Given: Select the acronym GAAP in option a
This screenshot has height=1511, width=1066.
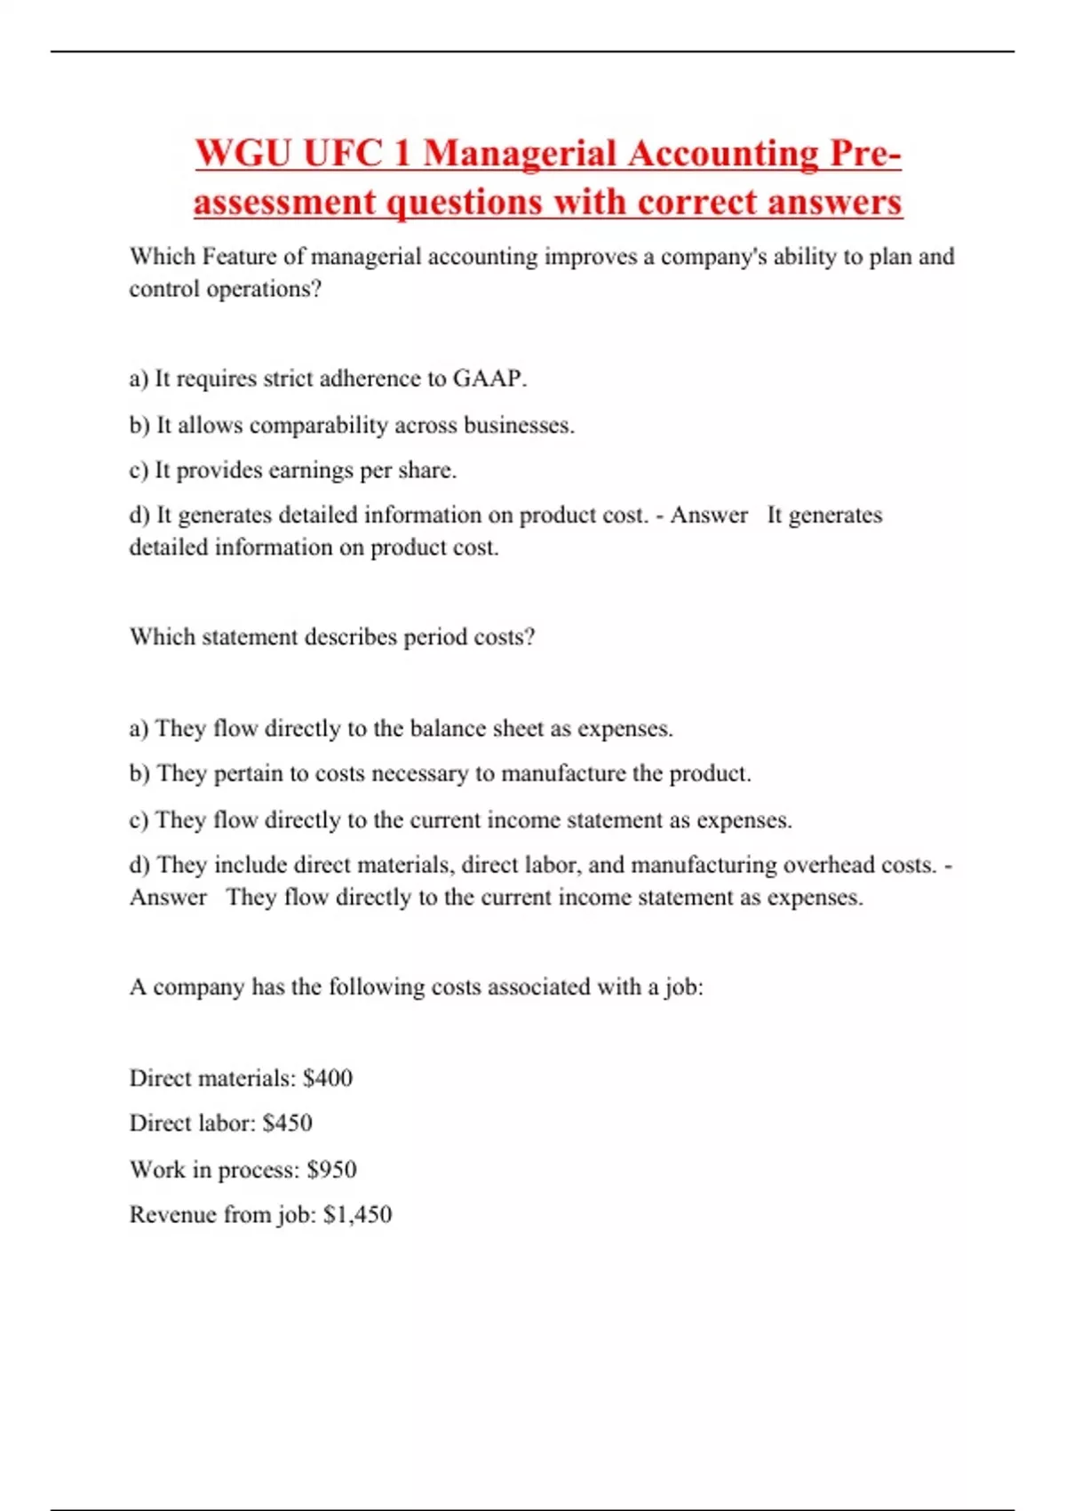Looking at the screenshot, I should point(489,379).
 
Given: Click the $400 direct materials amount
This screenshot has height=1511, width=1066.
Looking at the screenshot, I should point(328,1078).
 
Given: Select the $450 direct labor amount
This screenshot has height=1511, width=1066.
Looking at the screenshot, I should point(288,1123).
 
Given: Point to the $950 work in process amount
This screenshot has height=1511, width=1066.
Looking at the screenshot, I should point(331,1170).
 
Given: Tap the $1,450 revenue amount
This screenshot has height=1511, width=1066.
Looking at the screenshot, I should point(357,1215).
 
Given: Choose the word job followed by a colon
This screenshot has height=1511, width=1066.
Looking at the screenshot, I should point(683,987).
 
